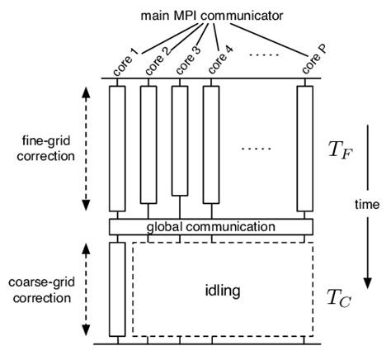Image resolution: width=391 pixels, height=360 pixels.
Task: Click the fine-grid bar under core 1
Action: [x=117, y=149]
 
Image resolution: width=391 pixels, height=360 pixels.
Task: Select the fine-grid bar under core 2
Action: [x=148, y=144]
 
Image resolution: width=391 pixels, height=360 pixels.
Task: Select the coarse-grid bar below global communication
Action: [x=117, y=288]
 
